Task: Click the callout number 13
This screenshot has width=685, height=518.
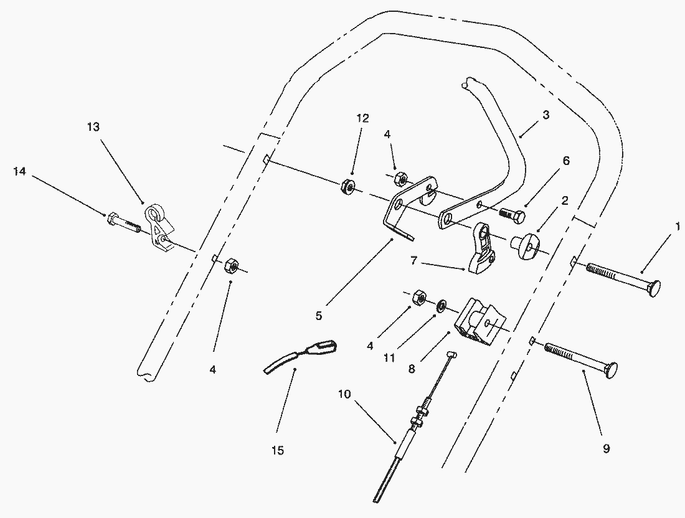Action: tap(93, 127)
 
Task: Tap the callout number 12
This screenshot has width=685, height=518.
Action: tap(362, 118)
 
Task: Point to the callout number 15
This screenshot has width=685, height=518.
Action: tap(278, 450)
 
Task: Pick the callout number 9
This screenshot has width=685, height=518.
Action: tap(606, 448)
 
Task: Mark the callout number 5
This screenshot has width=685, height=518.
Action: tap(318, 316)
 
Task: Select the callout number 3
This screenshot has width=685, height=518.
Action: tap(546, 115)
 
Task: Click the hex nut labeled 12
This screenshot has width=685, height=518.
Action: tap(347, 186)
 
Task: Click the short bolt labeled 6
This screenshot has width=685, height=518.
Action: tap(513, 215)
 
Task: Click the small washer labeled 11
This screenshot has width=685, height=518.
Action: tap(440, 306)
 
